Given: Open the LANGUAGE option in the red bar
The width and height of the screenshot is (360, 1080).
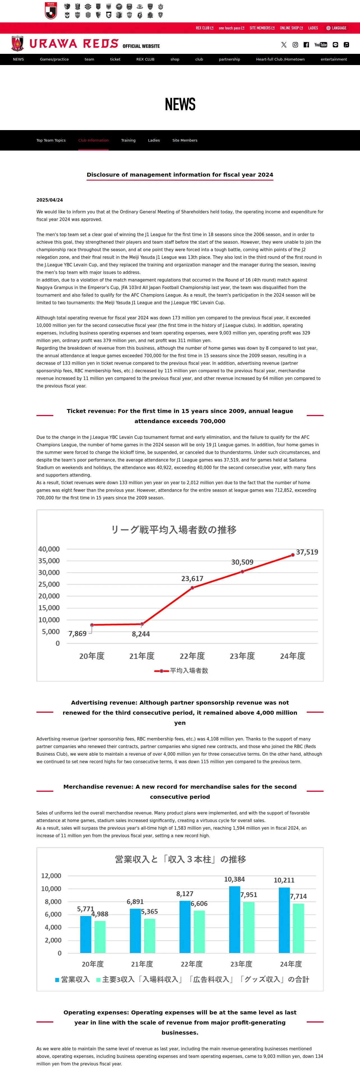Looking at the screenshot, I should coord(336,28).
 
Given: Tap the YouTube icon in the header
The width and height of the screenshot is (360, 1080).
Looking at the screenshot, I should coord(320,45).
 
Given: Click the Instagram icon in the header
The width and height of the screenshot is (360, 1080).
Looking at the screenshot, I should coord(295,45).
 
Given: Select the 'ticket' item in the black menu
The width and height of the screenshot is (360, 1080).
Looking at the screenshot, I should coord(115,59).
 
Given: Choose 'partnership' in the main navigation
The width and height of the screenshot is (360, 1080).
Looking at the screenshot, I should coord(229,59).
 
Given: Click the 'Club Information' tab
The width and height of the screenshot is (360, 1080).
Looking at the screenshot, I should coord(93,140).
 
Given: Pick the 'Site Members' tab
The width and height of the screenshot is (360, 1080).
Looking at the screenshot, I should coord(185,140).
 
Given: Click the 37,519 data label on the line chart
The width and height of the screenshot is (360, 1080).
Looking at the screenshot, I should coord(307,552).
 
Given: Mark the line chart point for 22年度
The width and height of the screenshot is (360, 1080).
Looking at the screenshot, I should coord(192,587).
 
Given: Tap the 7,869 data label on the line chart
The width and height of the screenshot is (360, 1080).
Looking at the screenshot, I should coord(78,633).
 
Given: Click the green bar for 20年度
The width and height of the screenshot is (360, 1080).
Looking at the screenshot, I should coord(100,937).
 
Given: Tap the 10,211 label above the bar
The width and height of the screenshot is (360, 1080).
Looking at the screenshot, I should coord(284,880).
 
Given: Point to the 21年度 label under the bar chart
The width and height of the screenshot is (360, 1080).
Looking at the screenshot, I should coord(142,964).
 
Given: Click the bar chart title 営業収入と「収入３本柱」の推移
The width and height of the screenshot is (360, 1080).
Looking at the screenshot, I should coord(180,859).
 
